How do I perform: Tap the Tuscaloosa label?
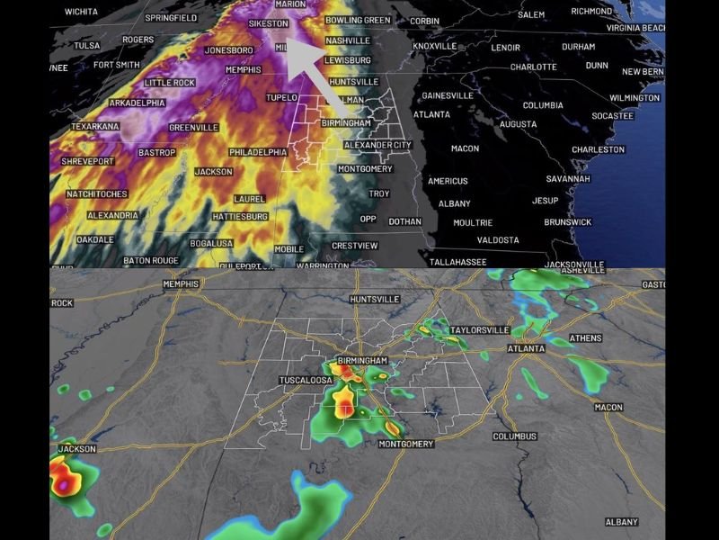pos(306,381)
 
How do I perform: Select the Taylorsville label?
pos(479,330)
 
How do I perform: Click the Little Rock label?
pos(170,83)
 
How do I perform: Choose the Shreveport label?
pos(87,160)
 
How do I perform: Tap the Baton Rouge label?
pos(152,260)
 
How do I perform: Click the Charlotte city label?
pos(533,67)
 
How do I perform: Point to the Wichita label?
pos(82,12)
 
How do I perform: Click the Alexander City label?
pos(377,145)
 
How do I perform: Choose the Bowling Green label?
pos(358,20)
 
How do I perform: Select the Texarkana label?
pos(94,127)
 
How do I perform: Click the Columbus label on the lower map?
pos(514,436)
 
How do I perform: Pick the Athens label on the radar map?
pos(586,338)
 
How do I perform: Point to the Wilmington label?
pos(634,97)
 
